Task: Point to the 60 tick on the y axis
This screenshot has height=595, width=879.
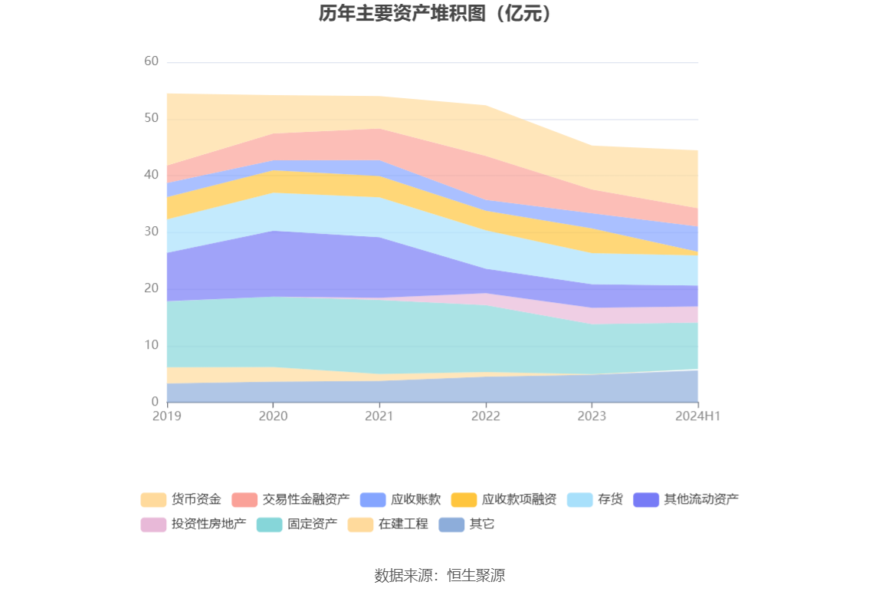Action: coord(151,61)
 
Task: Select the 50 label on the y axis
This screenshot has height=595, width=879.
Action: coord(151,118)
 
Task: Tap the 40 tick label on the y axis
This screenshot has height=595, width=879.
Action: coord(151,175)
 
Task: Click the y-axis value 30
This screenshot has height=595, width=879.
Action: coord(151,232)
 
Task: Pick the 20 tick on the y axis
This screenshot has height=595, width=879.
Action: coord(151,288)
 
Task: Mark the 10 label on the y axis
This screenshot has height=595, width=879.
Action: coord(151,345)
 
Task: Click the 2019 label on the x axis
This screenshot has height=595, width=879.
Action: coord(166,416)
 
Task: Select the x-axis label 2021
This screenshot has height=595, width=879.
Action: coord(379,416)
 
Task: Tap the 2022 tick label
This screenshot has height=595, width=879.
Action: coord(485,416)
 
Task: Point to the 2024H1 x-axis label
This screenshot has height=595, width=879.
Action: coord(697,416)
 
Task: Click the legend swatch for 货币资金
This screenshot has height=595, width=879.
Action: coord(153,500)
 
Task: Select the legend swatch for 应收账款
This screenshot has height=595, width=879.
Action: coord(372,500)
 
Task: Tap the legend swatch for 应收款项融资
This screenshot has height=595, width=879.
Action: coord(464,500)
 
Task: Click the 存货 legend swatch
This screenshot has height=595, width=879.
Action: coord(580,500)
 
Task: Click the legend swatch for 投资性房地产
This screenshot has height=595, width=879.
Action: coord(153,524)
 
